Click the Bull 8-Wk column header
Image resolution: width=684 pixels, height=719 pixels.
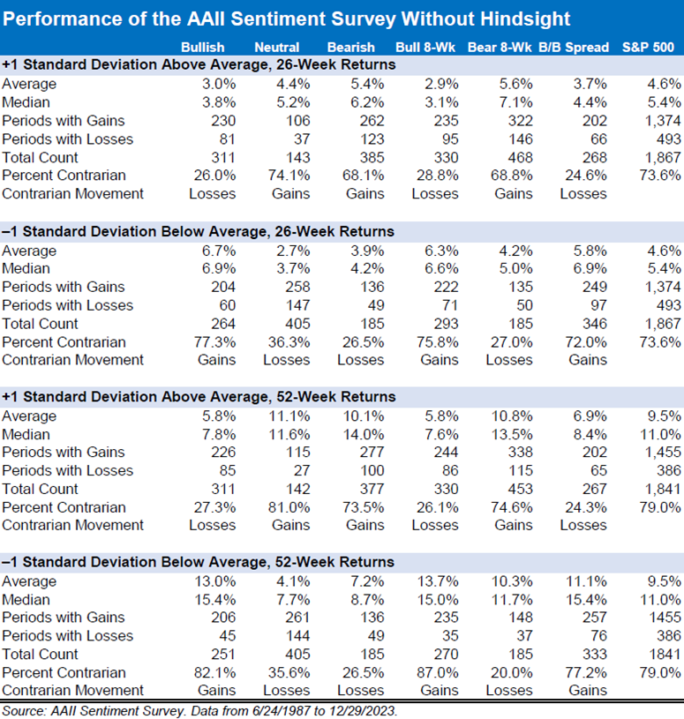pyautogui.click(x=425, y=48)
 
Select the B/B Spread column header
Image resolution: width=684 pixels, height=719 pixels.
pyautogui.click(x=574, y=48)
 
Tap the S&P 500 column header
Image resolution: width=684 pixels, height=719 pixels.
pyautogui.click(x=648, y=48)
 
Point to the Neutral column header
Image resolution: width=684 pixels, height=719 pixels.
pyautogui.click(x=276, y=48)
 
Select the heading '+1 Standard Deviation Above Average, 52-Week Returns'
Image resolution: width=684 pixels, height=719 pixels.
pyautogui.click(x=199, y=397)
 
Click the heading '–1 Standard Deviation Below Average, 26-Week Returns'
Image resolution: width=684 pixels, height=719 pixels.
pyautogui.click(x=199, y=231)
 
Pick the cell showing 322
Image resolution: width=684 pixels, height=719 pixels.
pyautogui.click(x=520, y=121)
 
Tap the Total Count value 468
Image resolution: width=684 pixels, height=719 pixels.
pyautogui.click(x=520, y=157)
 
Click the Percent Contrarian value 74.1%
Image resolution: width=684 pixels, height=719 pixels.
pyautogui.click(x=289, y=176)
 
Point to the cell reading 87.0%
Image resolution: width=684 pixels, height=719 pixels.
pyautogui.click(x=437, y=672)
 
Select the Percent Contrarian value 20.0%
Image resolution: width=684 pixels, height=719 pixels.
pyautogui.click(x=512, y=672)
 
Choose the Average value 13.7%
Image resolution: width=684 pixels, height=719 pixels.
pyautogui.click(x=437, y=581)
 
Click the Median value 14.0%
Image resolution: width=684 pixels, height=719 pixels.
pyautogui.click(x=364, y=434)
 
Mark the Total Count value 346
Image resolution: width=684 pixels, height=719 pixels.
pyautogui.click(x=595, y=324)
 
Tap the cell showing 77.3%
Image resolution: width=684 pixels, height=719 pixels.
pyautogui.click(x=214, y=342)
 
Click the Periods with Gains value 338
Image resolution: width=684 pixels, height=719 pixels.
pyautogui.click(x=520, y=452)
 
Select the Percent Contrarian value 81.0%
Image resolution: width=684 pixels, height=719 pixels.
pyautogui.click(x=289, y=507)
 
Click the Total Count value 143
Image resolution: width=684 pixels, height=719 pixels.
pyautogui.click(x=297, y=157)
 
